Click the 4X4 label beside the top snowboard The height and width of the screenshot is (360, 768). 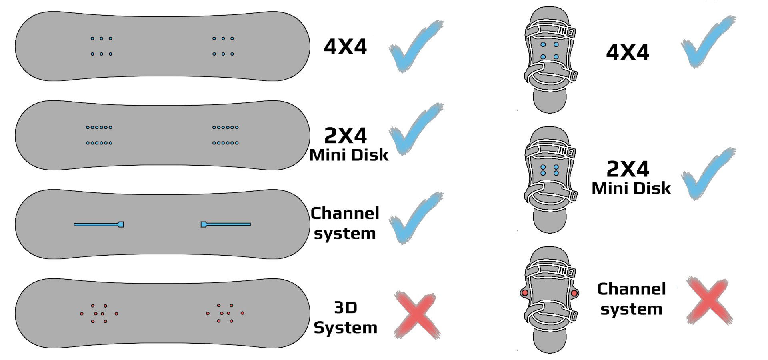pos(345,47)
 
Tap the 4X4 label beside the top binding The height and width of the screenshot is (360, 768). pos(628,52)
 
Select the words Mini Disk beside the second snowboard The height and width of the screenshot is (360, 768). pos(349,155)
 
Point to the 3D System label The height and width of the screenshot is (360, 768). pos(346,318)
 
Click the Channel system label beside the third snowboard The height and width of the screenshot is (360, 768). pos(345,223)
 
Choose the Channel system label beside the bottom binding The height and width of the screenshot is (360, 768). pos(631,299)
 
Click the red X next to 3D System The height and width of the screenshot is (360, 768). pos(417,315)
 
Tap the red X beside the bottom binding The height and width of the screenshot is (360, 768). pos(709,301)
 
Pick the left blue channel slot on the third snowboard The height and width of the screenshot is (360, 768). pos(99,224)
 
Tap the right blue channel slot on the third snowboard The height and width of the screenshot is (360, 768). pos(226,224)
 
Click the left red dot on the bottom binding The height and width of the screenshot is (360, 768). pos(524,293)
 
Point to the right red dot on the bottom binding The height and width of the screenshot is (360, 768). pos(574,293)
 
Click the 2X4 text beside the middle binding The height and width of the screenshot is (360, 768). pos(628,169)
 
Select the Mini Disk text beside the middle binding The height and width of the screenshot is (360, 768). pos(631,188)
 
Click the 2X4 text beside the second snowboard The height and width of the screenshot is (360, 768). pos(345,136)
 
